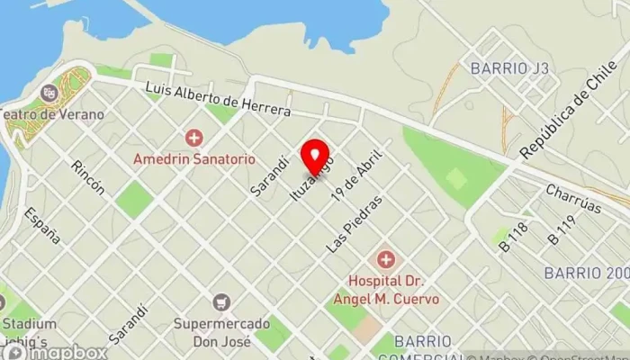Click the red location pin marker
314,157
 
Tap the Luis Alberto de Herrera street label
218,100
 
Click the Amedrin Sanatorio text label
193,158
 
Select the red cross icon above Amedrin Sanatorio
193,139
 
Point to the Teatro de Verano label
51,114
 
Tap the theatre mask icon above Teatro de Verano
50,90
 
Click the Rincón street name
89,177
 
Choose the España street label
42,225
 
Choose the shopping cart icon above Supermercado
220,303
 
